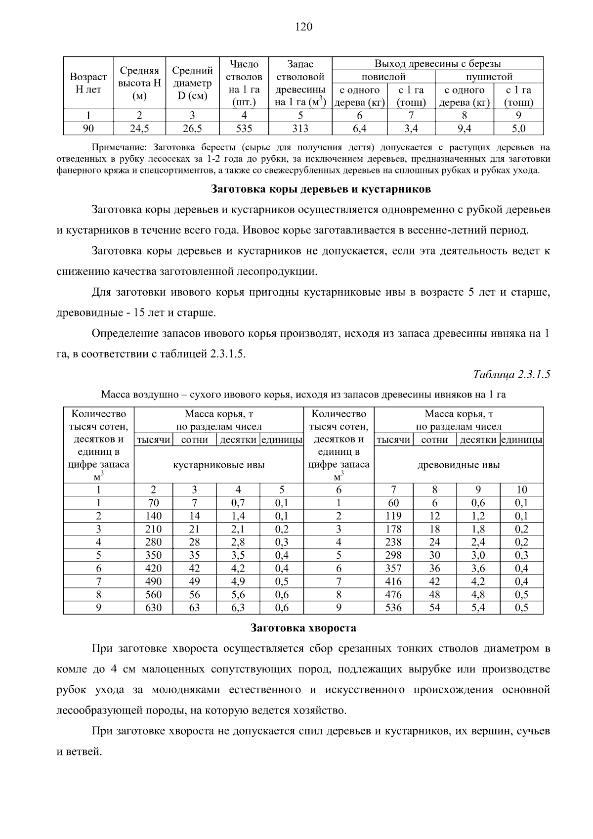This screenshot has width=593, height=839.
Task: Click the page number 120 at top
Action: click(303, 27)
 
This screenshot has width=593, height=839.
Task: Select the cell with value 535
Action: click(244, 129)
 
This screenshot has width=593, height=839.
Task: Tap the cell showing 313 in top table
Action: click(300, 129)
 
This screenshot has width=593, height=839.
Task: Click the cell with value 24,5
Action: click(139, 129)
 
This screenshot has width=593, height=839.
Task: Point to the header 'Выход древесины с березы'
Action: click(437, 64)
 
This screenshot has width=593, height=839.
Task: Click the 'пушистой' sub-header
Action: click(489, 77)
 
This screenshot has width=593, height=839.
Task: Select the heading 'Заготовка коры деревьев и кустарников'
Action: click(321, 189)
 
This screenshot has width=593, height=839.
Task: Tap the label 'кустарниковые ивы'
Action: click(218, 465)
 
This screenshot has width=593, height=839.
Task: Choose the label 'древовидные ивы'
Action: click(459, 465)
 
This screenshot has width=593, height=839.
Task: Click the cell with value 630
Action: click(153, 608)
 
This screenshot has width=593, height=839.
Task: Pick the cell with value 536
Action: click(393, 608)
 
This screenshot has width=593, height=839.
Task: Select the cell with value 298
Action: click(393, 555)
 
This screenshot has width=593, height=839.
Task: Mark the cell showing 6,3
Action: click(238, 608)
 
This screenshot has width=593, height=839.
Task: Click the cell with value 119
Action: click(393, 516)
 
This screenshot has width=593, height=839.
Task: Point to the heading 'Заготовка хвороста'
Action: click(303, 628)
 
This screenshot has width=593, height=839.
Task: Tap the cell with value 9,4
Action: click(464, 129)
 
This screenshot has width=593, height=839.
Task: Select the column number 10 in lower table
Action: click(522, 489)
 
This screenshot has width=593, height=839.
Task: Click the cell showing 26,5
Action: click(192, 129)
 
